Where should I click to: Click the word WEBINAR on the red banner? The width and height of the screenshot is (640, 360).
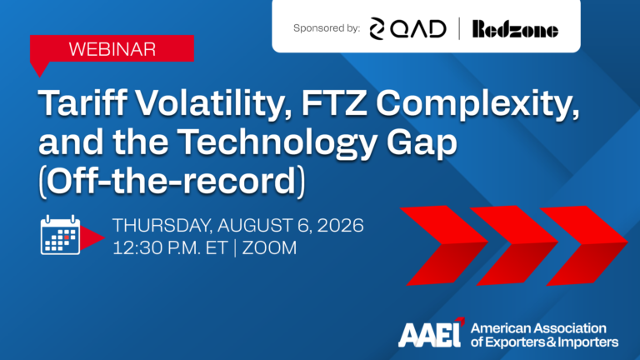tap(112, 49)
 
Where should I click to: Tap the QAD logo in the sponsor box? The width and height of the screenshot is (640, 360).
tap(407, 29)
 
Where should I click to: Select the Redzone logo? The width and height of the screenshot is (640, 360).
tap(515, 29)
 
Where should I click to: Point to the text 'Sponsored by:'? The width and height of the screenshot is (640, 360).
tap(327, 28)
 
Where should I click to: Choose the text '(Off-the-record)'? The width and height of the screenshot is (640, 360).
tap(172, 181)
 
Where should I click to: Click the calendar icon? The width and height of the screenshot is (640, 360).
tap(60, 235)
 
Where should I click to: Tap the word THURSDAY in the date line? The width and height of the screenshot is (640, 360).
tap(162, 226)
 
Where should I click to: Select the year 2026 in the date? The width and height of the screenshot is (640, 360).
tap(340, 225)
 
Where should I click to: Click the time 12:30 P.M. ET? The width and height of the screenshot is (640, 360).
tap(170, 248)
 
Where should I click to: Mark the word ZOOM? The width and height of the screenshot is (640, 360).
tap(269, 248)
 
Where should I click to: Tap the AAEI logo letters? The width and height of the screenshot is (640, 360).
tap(431, 333)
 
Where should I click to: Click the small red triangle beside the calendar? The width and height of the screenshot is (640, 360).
tap(91, 238)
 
